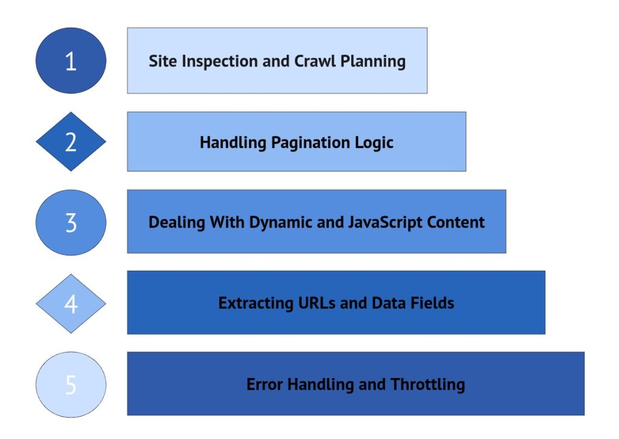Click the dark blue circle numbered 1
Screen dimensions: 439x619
point(71,60)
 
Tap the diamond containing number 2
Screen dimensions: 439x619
point(71,142)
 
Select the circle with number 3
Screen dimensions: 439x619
point(71,222)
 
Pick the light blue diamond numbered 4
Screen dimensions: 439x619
point(71,303)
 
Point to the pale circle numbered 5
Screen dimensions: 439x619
point(71,385)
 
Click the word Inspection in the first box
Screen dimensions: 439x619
point(209,62)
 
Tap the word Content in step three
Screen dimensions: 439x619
point(455,222)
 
